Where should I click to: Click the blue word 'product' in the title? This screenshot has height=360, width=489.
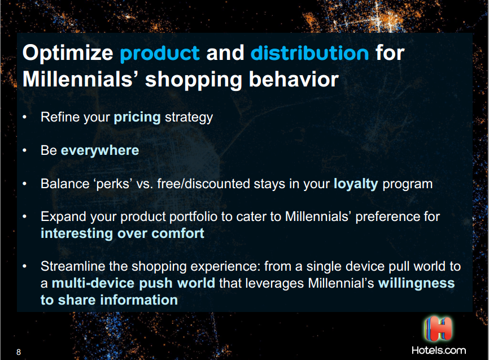tap(160, 54)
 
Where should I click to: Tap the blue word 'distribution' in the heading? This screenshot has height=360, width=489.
tap(310, 53)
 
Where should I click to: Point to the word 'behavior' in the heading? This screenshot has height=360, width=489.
tap(294, 79)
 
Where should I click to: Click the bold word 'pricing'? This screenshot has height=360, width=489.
tap(137, 118)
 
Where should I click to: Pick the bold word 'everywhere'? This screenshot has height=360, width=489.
tap(100, 150)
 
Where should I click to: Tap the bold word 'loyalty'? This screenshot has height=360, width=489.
tap(356, 184)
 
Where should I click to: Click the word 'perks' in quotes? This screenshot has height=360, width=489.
tap(113, 184)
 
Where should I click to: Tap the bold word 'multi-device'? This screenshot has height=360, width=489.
tap(93, 283)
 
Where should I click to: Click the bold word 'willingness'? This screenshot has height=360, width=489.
tap(416, 284)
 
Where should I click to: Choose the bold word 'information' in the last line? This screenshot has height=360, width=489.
tap(139, 300)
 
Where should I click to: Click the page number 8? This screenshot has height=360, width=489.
tap(19, 352)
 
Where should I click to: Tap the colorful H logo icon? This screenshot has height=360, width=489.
tap(438, 329)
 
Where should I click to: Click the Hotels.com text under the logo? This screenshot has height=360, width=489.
tap(439, 350)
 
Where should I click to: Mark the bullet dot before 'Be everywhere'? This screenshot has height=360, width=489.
tap(25, 150)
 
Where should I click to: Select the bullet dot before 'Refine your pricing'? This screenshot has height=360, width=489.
tap(25, 118)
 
